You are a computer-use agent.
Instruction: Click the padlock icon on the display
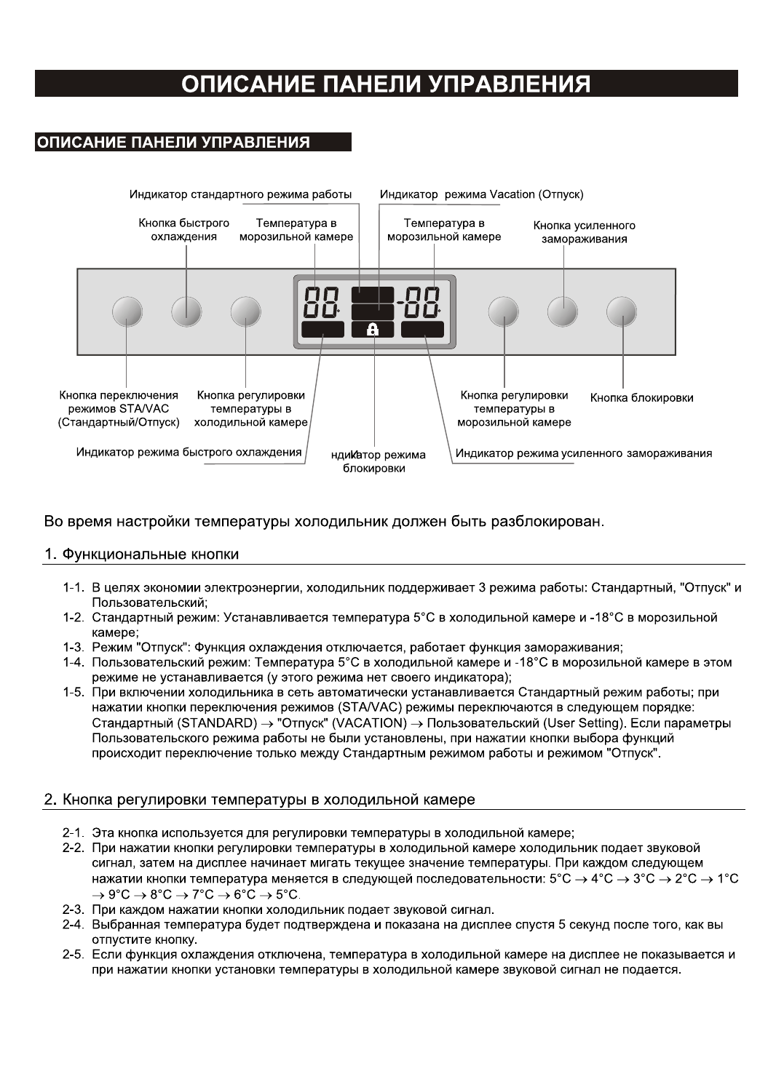pos(373,330)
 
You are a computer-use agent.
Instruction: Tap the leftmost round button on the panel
pos(127,312)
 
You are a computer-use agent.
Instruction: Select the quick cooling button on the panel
pos(186,312)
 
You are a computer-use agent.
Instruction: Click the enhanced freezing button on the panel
pos(563,312)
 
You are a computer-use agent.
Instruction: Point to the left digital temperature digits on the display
pos(321,302)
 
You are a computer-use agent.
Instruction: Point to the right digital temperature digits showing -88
pos(420,302)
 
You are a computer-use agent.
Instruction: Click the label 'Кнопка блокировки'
pos(641,398)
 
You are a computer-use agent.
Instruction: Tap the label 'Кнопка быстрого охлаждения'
pos(184,230)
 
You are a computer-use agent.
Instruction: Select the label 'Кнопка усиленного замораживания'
pos(584,232)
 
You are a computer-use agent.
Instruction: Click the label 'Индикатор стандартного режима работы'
pos(240,194)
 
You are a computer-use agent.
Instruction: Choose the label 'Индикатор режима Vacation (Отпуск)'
pos(481,194)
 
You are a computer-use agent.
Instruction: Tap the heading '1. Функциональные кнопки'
pos(141,554)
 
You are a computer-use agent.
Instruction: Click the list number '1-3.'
pos(73,648)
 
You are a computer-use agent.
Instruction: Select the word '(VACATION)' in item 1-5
pos(369,723)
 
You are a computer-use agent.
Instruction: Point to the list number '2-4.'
pos(73,925)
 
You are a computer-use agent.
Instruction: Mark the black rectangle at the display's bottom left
pos(322,330)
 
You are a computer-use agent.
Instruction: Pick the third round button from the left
pos(246,312)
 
